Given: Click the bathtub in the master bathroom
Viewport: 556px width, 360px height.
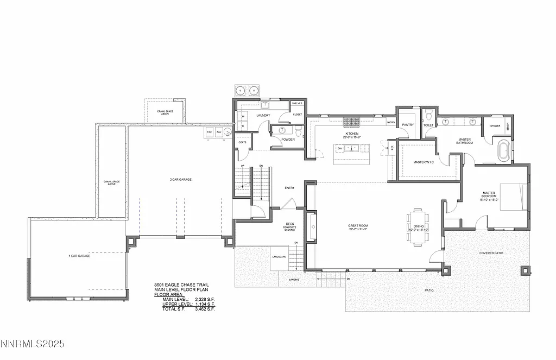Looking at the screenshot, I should pos(503,150).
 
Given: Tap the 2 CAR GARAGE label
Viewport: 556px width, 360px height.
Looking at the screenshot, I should pos(180,179).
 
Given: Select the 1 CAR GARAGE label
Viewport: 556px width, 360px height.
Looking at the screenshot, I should pos(79,255).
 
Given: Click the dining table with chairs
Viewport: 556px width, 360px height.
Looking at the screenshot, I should pos(418,227).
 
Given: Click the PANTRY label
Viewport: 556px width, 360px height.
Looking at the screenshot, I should pos(408,125).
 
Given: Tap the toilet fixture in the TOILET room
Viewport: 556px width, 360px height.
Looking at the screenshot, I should pos(429,114).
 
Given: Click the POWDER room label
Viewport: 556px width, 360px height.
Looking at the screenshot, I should pos(288,140).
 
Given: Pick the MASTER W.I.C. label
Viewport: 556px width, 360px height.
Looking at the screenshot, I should pos(423,162).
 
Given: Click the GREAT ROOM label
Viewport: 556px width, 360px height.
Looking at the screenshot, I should pos(358,225).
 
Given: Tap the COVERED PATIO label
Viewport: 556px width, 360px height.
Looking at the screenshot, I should pos(492,253).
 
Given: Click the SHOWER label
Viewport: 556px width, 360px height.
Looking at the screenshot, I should pos(495,126).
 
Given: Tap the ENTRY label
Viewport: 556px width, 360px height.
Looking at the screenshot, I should pos(289,188).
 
